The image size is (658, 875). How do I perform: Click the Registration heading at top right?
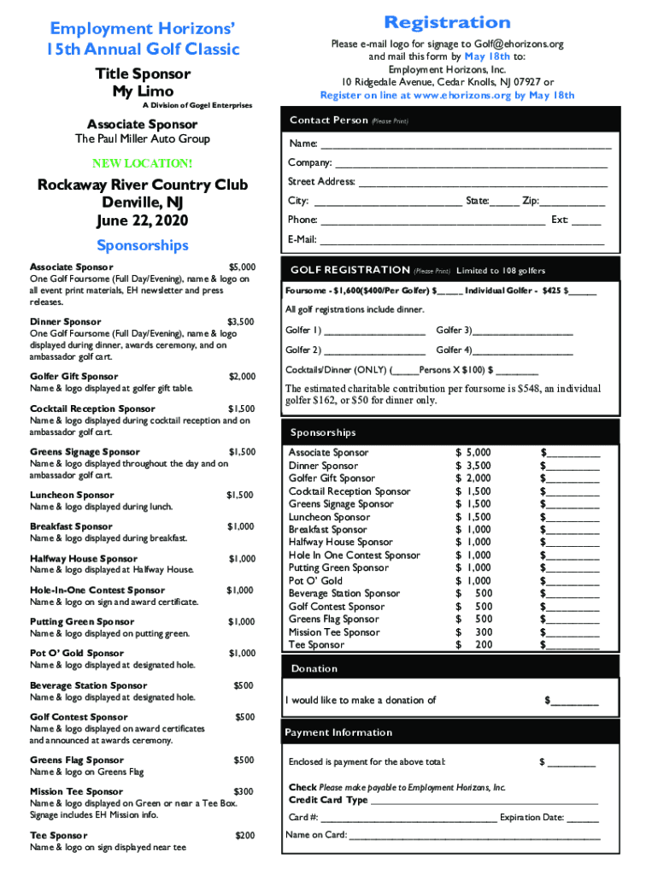pos(447,22)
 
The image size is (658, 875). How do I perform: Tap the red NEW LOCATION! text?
pos(142,162)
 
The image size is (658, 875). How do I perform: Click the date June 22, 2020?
pos(143,220)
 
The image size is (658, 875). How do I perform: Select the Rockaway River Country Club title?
pos(143,185)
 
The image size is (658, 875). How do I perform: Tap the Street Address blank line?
pos(482,183)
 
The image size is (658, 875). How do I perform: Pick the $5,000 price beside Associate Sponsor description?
pos(242,267)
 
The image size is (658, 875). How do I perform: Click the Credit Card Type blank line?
pos(485,802)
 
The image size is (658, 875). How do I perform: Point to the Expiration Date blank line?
pos(583,819)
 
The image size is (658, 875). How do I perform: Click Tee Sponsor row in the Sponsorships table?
pos(317,645)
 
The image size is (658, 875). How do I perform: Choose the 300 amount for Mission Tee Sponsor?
pos(484,632)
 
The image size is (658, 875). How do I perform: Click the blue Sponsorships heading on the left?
pos(143,246)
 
